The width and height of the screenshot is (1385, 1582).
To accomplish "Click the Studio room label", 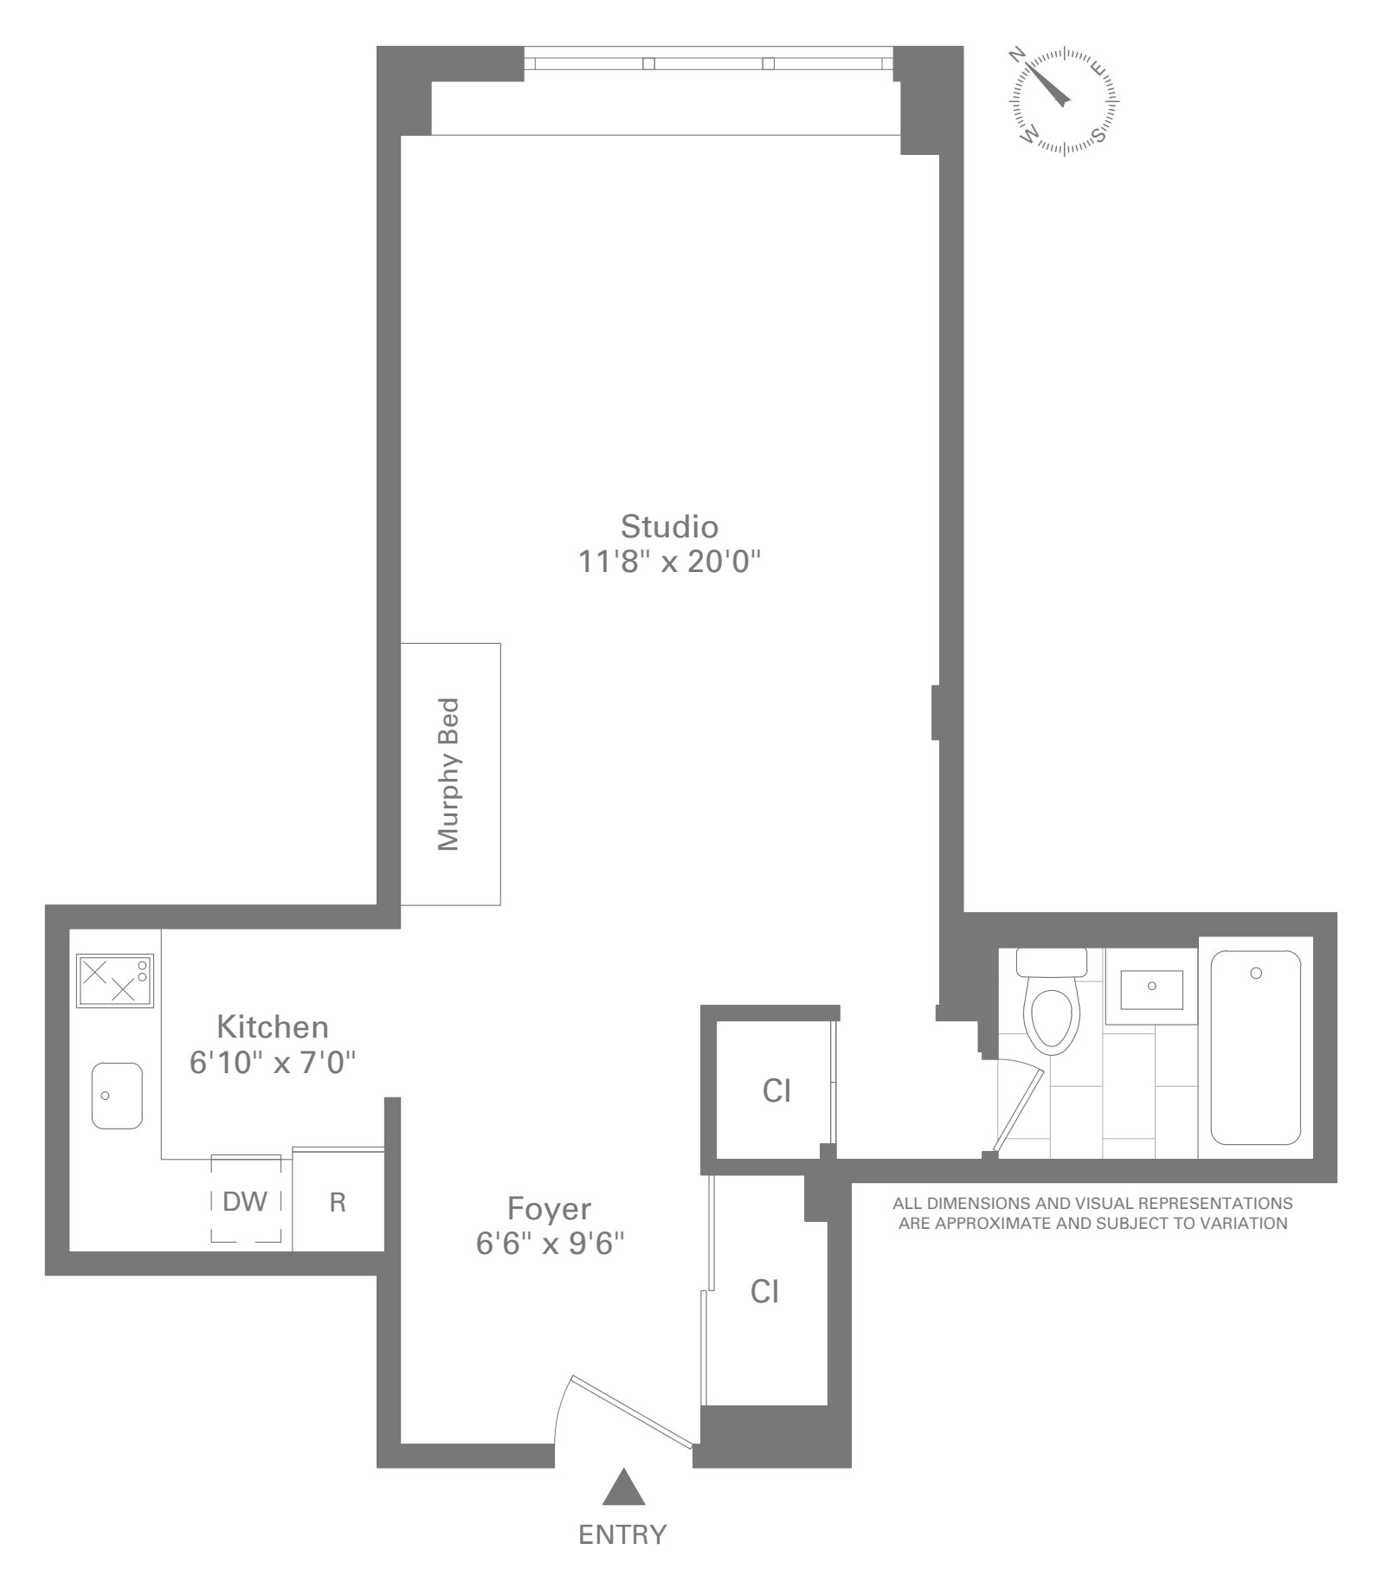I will [x=669, y=526].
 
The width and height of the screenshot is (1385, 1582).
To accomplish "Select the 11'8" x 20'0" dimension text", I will [x=669, y=563].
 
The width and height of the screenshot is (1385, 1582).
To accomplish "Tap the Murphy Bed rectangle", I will [x=450, y=774].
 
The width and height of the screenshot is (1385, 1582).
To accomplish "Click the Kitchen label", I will [x=272, y=1026].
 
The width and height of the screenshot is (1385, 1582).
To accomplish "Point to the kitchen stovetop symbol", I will [x=115, y=981].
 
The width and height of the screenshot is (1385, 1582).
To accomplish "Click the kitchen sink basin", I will [x=117, y=1096].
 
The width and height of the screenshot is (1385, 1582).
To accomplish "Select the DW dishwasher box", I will [x=246, y=1201].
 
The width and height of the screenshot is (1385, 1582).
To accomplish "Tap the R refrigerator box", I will [x=338, y=1202].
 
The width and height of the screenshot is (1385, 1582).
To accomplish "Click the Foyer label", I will [x=549, y=1208].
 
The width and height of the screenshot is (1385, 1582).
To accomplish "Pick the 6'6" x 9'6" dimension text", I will [x=550, y=1244].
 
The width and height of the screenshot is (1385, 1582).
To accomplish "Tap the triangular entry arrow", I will [x=624, y=1487].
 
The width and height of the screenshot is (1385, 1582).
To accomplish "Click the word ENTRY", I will [x=622, y=1534].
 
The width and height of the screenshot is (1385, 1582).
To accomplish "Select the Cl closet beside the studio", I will [x=776, y=1090].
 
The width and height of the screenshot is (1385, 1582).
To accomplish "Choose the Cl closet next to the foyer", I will [x=765, y=1292].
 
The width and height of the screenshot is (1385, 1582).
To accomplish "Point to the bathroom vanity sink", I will [x=1151, y=989].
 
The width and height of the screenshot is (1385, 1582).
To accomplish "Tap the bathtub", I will [x=1255, y=1047].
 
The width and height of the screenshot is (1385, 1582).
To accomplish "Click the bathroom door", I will [x=1018, y=1111].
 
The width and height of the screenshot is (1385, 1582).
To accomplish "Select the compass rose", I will [x=1064, y=101].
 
